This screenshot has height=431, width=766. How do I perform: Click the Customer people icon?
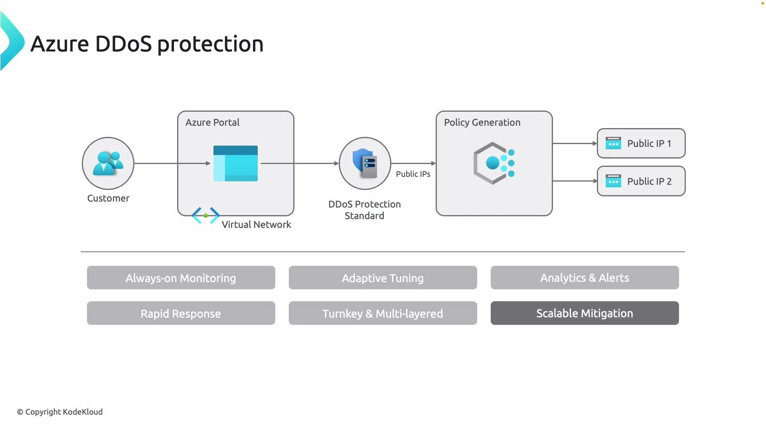tap(108, 163)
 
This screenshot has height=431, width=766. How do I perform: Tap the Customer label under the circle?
tap(108, 198)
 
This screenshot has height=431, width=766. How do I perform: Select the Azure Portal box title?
tap(212, 123)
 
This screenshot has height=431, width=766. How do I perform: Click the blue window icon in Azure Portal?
tap(235, 164)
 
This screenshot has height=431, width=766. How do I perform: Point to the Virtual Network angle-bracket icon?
tap(205, 215)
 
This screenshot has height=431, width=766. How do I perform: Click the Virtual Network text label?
tap(256, 225)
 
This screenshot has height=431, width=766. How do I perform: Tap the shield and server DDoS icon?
tap(365, 163)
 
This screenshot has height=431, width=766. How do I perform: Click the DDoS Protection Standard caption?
tap(364, 210)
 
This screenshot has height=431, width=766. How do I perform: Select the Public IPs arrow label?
tap(413, 174)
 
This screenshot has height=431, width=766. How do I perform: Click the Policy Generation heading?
tap(482, 123)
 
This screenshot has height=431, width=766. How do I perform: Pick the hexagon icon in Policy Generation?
tap(494, 163)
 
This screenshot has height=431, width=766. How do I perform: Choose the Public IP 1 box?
tap(641, 143)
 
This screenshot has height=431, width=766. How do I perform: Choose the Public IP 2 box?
tap(641, 181)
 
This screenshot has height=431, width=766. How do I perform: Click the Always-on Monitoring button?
tap(181, 278)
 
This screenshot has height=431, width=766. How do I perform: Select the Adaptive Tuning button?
tap(383, 278)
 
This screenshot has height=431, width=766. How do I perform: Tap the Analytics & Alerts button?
tap(584, 278)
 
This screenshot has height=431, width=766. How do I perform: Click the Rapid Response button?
tap(181, 313)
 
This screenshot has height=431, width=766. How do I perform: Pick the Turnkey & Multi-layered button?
tap(383, 313)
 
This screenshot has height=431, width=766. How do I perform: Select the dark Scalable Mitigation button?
tap(584, 313)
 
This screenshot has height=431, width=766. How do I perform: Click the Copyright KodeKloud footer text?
tap(60, 412)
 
